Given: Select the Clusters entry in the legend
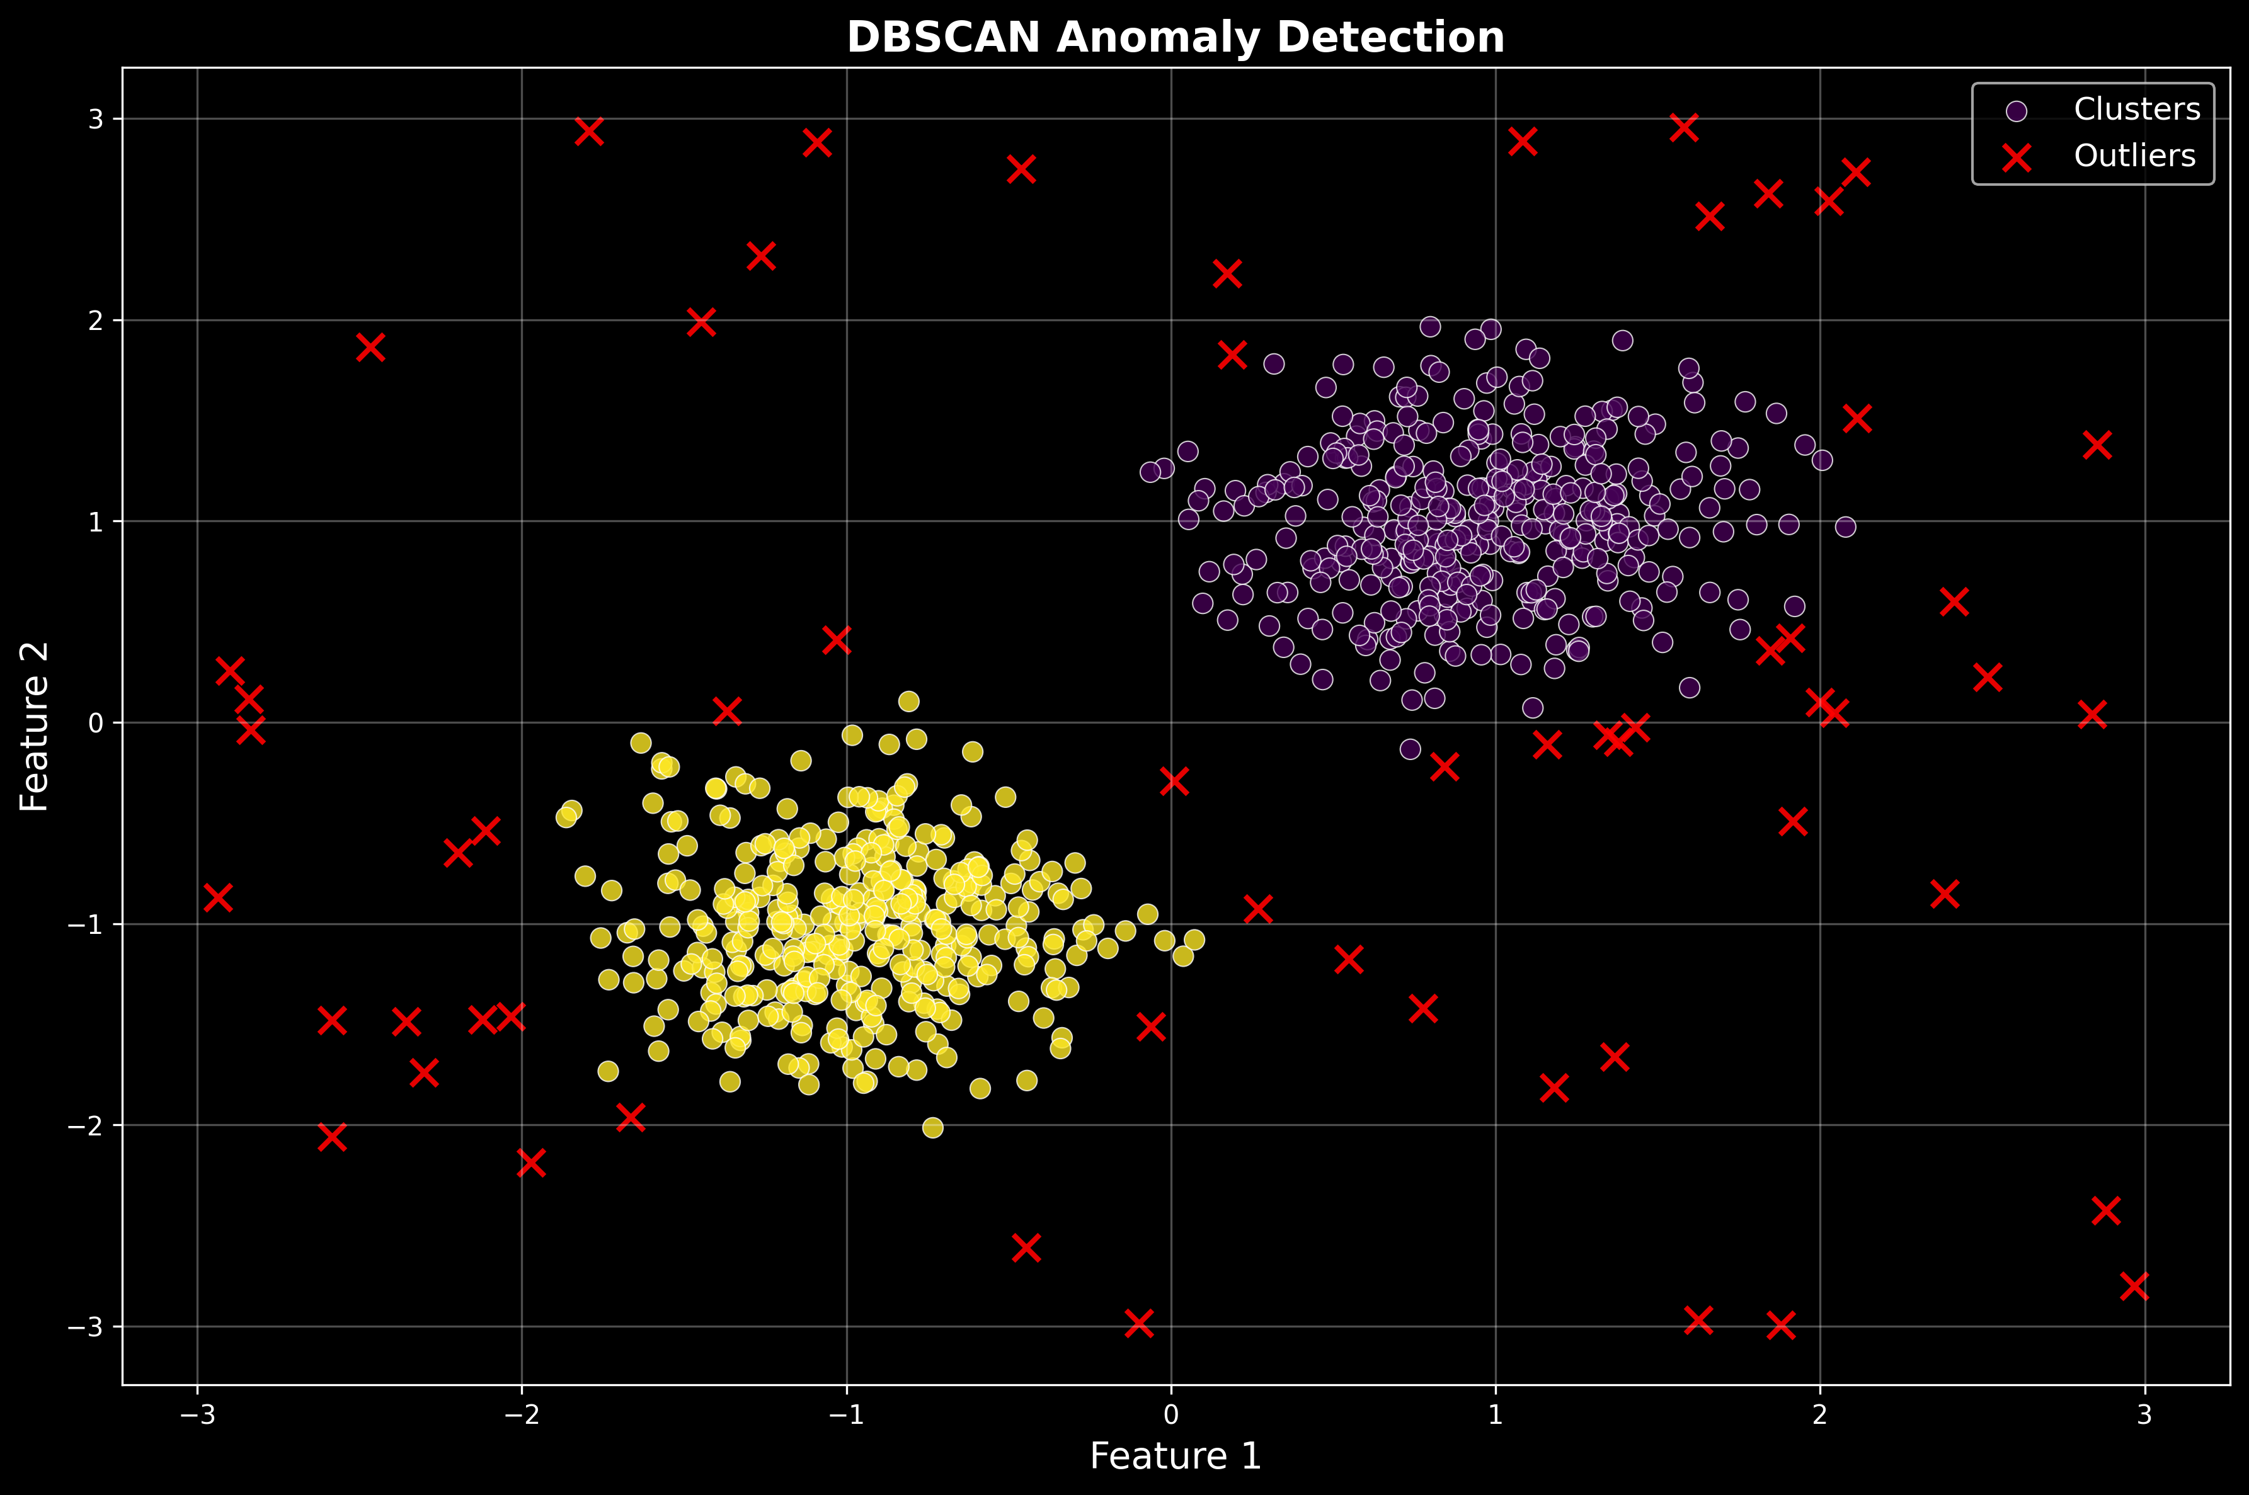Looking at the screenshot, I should (x=2136, y=110).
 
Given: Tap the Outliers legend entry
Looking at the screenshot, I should (x=2134, y=156).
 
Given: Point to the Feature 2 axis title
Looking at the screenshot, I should (x=35, y=727).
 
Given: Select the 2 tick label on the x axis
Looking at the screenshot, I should (x=1820, y=1415).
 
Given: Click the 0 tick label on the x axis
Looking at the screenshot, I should (x=1170, y=1415).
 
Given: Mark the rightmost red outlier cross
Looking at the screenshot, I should (x=2134, y=1285).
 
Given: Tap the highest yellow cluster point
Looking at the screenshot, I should (x=909, y=702).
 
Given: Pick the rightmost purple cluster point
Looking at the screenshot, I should (x=1846, y=526).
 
